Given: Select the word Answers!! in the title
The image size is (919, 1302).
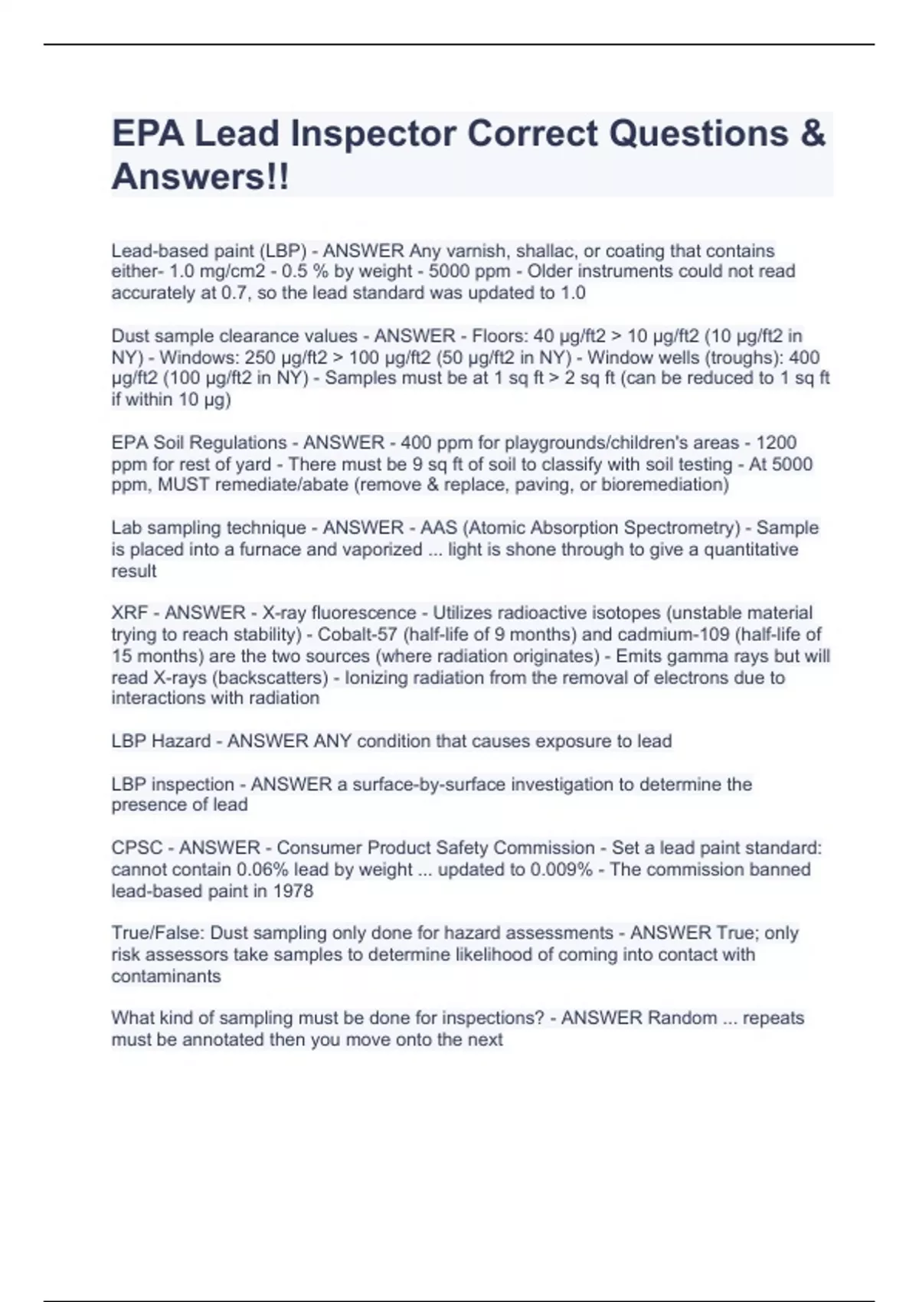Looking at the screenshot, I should point(201,177).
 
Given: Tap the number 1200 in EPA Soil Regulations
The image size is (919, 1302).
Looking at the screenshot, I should point(776,443).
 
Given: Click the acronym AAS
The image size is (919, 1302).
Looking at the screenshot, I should point(438,528).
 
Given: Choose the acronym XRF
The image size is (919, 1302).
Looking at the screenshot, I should point(129,613).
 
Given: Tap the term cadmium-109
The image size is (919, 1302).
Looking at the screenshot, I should point(675,634).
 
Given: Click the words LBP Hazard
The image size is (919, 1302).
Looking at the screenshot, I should point(161,741).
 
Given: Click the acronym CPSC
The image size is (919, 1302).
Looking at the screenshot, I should point(137,848).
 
